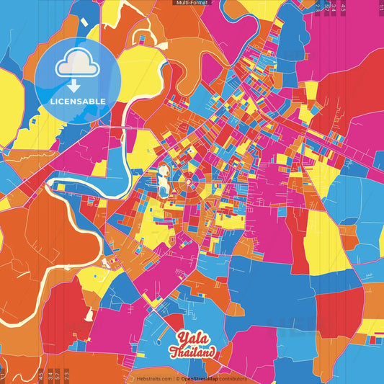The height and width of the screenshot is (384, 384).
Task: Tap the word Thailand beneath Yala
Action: (192, 353)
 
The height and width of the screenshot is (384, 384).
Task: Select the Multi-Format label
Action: (192, 3)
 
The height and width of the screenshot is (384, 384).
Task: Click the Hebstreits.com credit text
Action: (153, 378)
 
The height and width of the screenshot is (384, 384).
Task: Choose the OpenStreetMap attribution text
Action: (201, 378)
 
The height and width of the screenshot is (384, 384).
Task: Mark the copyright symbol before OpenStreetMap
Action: (177, 378)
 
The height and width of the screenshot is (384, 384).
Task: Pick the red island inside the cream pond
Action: (164, 171)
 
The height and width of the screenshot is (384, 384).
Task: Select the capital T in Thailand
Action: (174, 353)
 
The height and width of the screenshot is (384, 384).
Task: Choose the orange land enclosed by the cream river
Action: (43, 238)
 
